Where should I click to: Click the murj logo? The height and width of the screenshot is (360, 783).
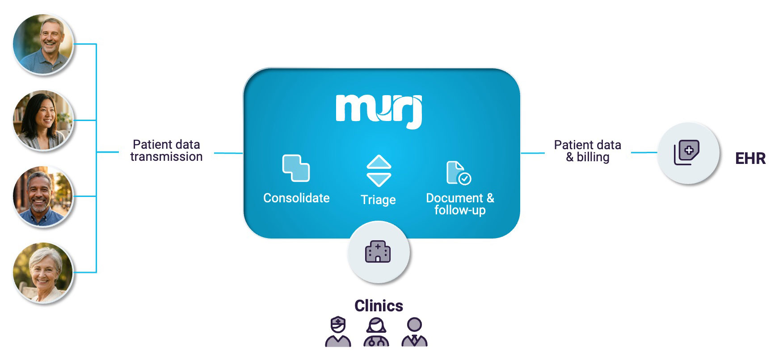pos(379,110)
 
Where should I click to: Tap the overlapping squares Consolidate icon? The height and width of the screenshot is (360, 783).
pos(296,168)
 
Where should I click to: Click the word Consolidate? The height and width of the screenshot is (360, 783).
pos(296,198)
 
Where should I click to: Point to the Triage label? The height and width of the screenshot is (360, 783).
pos(378,200)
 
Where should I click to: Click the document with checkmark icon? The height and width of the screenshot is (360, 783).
pos(459,173)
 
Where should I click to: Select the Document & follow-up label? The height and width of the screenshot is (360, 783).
pos(460,204)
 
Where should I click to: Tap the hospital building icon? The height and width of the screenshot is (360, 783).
pos(378,252)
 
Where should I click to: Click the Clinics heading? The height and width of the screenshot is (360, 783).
pos(379,306)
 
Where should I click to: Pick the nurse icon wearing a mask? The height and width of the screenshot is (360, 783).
pos(338,332)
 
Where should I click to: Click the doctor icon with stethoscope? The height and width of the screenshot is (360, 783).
pos(376,332)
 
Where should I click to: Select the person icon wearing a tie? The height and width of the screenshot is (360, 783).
pos(414,332)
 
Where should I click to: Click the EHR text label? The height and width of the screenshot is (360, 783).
pos(750,159)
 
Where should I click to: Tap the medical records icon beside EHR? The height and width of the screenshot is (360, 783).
pos(687,153)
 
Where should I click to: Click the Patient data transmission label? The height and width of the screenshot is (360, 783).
pos(166,151)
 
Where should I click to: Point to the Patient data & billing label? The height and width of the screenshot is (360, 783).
pos(587,151)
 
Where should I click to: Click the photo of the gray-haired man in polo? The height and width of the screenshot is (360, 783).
pos(43,44)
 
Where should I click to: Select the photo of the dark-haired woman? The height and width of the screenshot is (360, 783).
pos(43,120)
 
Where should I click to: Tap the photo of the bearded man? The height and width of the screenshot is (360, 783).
pos(43,197)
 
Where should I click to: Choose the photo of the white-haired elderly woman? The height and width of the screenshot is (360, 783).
pos(43,272)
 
